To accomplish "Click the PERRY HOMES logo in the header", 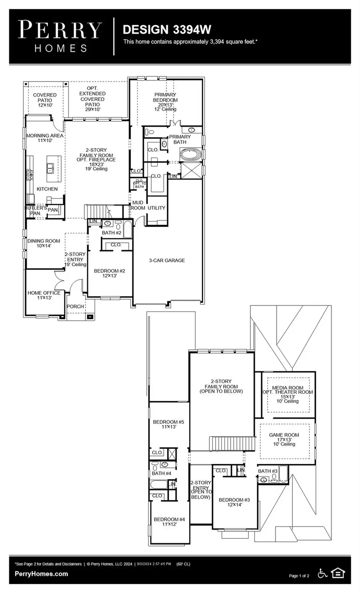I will tap(60, 37).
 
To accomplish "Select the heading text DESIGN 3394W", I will tap(167, 30).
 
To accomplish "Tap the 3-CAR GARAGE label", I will tap(167, 260).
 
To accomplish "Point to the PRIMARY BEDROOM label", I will tap(165, 100).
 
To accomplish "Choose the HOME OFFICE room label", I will tap(44, 295).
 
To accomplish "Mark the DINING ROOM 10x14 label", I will tap(44, 243).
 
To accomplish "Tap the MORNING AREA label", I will tap(45, 138).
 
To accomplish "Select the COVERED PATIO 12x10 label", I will tap(45, 100).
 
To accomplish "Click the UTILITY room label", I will tap(156, 208).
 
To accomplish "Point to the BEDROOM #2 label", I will tap(109, 273).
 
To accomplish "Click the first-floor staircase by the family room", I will tap(96, 211).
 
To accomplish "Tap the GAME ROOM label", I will tap(284, 439).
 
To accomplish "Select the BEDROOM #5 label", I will tap(168, 424).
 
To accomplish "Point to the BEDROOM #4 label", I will tap(169, 521).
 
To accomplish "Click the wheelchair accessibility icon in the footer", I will tap(322, 573).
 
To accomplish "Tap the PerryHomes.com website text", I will tap(41, 574).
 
